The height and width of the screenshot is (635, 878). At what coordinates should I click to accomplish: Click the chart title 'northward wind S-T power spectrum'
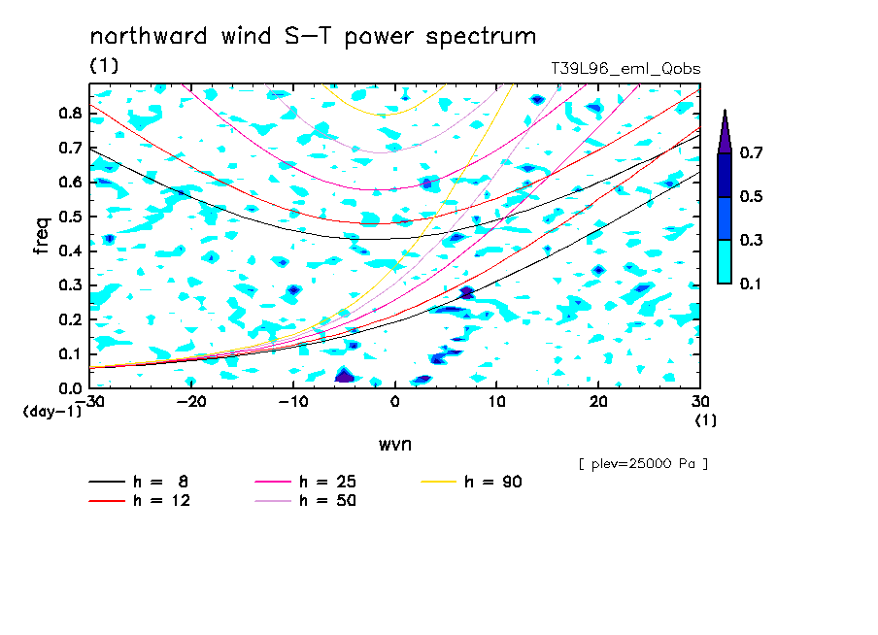coord(313,37)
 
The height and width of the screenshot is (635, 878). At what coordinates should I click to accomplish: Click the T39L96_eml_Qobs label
coord(625,69)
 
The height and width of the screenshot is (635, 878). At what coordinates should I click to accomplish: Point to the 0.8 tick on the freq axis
coord(70,113)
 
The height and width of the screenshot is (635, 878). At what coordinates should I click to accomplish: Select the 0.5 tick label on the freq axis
coord(70,217)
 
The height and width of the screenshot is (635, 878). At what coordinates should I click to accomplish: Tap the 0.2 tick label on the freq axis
coord(70,319)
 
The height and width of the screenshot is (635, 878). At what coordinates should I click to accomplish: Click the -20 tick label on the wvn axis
coord(191,402)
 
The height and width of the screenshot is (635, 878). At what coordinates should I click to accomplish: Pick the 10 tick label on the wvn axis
coord(496,402)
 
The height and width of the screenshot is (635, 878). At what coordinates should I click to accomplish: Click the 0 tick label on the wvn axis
coord(394,402)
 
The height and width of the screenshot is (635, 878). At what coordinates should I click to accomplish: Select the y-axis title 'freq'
coord(42,236)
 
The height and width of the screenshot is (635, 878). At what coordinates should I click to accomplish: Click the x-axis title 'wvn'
coord(394,445)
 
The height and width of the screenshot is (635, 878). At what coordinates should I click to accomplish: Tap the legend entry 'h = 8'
coord(138,482)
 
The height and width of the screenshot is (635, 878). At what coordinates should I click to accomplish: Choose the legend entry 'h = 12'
coord(140,500)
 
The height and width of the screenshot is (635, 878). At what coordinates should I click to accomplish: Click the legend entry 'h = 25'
coord(305,482)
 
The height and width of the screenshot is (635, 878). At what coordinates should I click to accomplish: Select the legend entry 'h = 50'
coord(305,500)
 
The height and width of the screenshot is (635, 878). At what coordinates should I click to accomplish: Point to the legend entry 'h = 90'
coord(471,482)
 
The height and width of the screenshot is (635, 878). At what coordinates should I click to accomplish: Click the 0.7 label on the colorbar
coord(751,152)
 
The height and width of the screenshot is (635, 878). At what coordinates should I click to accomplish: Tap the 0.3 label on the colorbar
coord(751,240)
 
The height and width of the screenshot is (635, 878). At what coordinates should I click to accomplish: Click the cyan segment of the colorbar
coord(725,261)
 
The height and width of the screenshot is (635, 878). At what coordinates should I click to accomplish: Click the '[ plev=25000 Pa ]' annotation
coord(643,464)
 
